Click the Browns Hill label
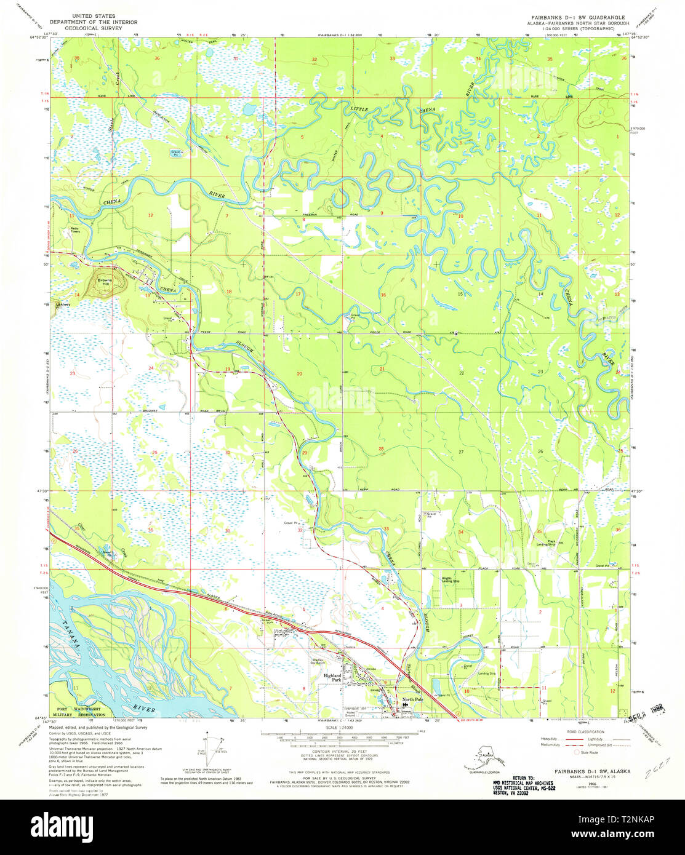pos(105,281)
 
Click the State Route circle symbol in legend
pos(577,752)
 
